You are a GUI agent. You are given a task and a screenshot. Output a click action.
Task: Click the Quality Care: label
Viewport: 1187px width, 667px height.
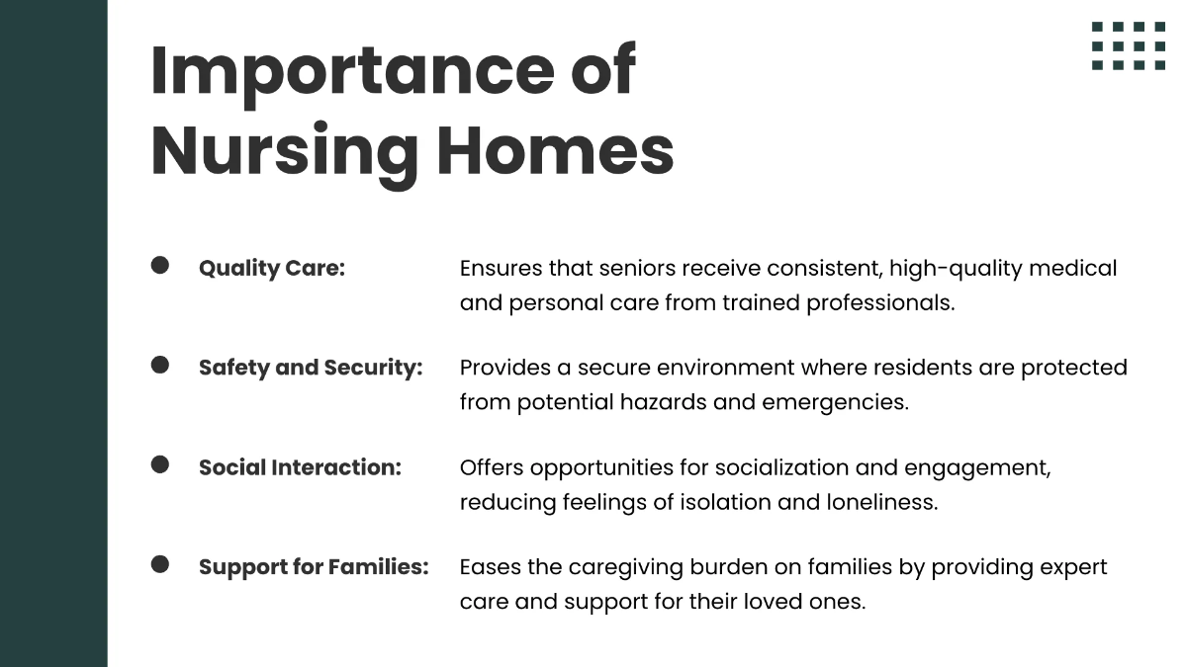point(272,268)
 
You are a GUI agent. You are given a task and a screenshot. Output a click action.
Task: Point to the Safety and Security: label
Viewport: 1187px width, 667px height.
point(311,368)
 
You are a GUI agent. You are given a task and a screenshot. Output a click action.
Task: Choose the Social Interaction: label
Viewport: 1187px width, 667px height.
point(300,467)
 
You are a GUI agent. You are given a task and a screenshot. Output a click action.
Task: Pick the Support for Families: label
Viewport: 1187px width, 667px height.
point(314,567)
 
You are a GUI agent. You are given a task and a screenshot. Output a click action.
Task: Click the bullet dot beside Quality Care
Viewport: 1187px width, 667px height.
point(160,265)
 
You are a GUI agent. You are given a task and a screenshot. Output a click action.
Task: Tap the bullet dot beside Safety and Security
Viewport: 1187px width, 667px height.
point(160,365)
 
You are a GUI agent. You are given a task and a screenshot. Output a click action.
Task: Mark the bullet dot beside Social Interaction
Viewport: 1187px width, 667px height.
point(160,464)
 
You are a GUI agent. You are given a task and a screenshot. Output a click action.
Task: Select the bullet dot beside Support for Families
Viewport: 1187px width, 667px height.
point(160,564)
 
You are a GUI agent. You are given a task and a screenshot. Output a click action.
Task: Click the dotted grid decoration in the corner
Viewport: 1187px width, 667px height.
point(1129,45)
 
